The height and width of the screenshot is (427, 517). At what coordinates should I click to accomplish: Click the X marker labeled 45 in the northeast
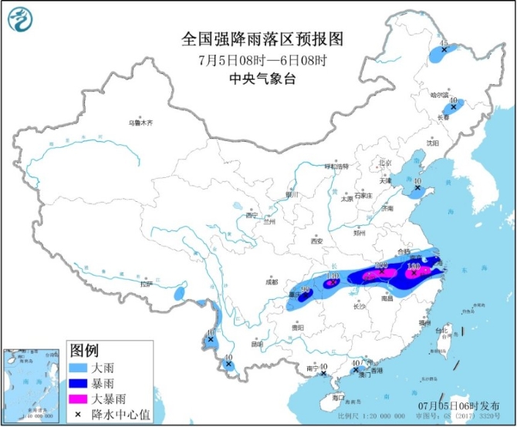click(x=444, y=50)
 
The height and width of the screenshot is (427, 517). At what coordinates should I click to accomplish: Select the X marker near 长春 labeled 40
click(x=453, y=107)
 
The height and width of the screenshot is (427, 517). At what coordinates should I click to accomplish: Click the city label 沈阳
click(x=431, y=143)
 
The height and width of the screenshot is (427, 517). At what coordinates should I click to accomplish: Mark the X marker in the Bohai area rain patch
click(x=417, y=187)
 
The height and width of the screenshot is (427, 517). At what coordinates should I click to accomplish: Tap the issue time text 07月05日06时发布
click(x=471, y=405)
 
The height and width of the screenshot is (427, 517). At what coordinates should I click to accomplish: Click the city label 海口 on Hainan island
click(x=337, y=398)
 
